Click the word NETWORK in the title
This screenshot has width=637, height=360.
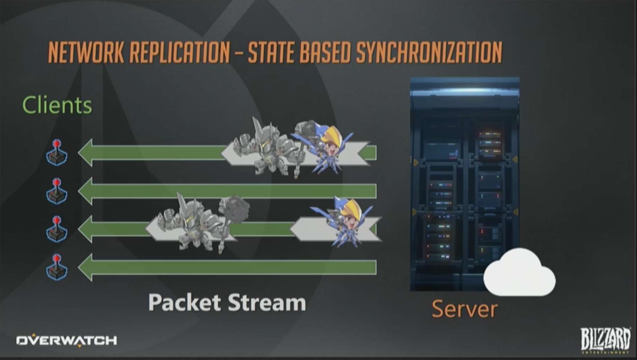(x=86, y=53)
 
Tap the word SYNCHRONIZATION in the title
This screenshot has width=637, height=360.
(x=429, y=53)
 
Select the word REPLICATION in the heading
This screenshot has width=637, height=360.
(x=180, y=53)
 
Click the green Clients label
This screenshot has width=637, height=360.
(x=57, y=105)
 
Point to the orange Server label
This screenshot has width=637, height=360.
(x=464, y=309)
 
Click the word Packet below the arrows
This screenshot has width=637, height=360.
(x=184, y=303)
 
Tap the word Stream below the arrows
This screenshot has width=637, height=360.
(x=267, y=303)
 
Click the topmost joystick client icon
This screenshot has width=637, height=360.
(x=56, y=153)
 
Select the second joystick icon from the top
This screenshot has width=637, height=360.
(x=56, y=192)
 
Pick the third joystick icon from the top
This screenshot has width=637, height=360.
(x=56, y=230)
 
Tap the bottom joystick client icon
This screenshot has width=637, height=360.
(x=56, y=268)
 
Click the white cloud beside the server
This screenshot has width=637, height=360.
(x=519, y=274)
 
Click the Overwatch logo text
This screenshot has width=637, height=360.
(x=66, y=340)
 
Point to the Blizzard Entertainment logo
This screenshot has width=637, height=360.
(x=605, y=340)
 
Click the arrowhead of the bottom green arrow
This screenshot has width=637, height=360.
(x=86, y=268)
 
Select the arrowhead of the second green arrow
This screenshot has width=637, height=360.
(x=86, y=191)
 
